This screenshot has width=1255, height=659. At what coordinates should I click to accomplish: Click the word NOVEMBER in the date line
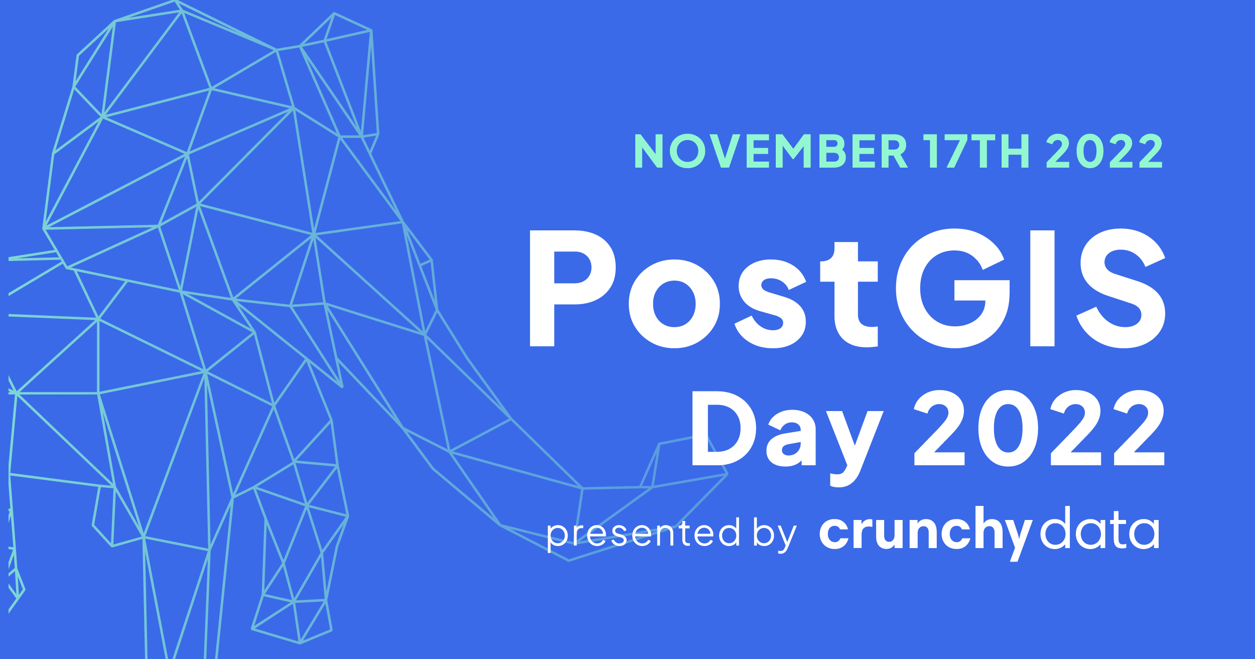770,151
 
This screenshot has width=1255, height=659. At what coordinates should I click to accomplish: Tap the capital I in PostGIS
1042,289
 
